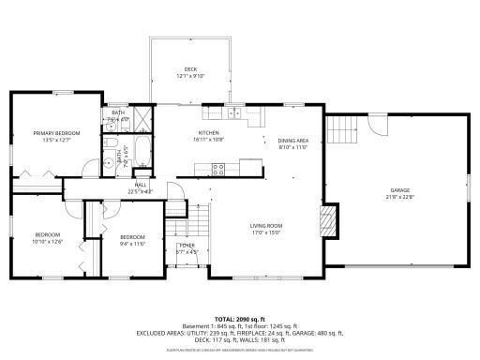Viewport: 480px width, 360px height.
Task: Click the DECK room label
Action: tap(189, 69)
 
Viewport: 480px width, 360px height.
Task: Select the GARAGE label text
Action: tap(400, 190)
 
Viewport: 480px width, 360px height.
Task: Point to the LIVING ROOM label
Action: tap(265, 226)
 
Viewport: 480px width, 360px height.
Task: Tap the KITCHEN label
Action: tap(207, 133)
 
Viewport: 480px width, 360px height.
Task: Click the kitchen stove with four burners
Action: tap(217, 170)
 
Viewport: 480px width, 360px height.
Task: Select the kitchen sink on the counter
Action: tap(233, 114)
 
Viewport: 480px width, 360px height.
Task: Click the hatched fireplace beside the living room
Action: tap(327, 222)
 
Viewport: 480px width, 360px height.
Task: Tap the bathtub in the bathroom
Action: tap(130, 149)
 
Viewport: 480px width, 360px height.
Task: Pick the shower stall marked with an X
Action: tap(142, 119)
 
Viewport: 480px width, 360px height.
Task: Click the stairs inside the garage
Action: tap(342, 127)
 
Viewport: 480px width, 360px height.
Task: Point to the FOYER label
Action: tap(187, 247)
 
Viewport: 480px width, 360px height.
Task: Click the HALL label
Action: tap(141, 186)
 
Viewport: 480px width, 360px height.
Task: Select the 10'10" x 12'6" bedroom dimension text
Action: tap(48, 242)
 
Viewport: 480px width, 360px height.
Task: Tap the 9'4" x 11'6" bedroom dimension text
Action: tap(132, 243)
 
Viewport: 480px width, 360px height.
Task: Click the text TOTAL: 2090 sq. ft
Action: tap(240, 320)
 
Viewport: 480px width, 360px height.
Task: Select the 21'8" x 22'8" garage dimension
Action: tap(400, 198)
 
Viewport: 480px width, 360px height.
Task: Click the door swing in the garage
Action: tap(376, 125)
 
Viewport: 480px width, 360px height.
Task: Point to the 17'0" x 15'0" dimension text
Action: tap(265, 233)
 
